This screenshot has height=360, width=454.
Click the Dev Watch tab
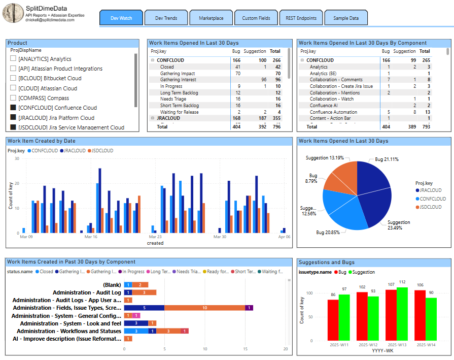tap(121, 18)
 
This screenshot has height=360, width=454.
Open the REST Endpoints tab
tap(301, 18)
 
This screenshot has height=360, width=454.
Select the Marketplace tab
tap(211, 18)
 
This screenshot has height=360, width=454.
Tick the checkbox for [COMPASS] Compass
tap(13, 98)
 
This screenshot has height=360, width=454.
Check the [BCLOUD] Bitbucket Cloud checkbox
tap(13, 78)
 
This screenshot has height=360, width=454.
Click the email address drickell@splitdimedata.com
tap(55, 19)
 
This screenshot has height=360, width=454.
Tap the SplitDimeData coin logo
tap(12, 13)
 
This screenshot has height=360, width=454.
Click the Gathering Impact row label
tap(177, 74)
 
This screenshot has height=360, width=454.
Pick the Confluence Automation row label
tap(333, 112)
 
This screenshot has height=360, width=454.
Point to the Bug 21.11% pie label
tap(387, 159)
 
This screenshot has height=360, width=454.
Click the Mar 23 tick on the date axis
tap(155, 237)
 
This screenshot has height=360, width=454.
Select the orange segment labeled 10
tap(204, 308)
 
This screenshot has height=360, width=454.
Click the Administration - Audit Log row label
tap(87, 292)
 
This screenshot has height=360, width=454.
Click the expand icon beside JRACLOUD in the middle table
tap(152, 118)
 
